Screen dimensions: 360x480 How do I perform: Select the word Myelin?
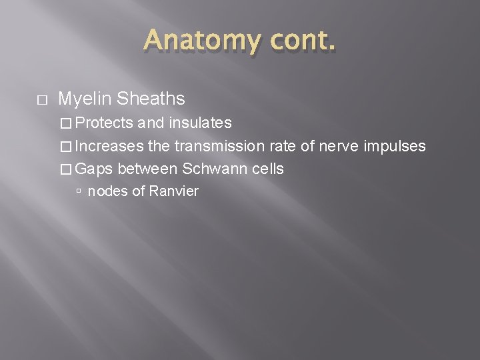tap(85, 99)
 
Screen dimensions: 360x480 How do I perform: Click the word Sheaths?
tap(150, 99)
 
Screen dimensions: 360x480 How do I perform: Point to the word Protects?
tap(104, 123)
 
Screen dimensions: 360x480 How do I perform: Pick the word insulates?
tap(200, 123)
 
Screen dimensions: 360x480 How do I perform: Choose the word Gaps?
tap(94, 169)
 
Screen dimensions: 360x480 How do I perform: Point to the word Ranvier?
tap(173, 192)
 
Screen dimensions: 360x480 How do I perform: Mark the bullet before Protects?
tap(65, 123)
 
